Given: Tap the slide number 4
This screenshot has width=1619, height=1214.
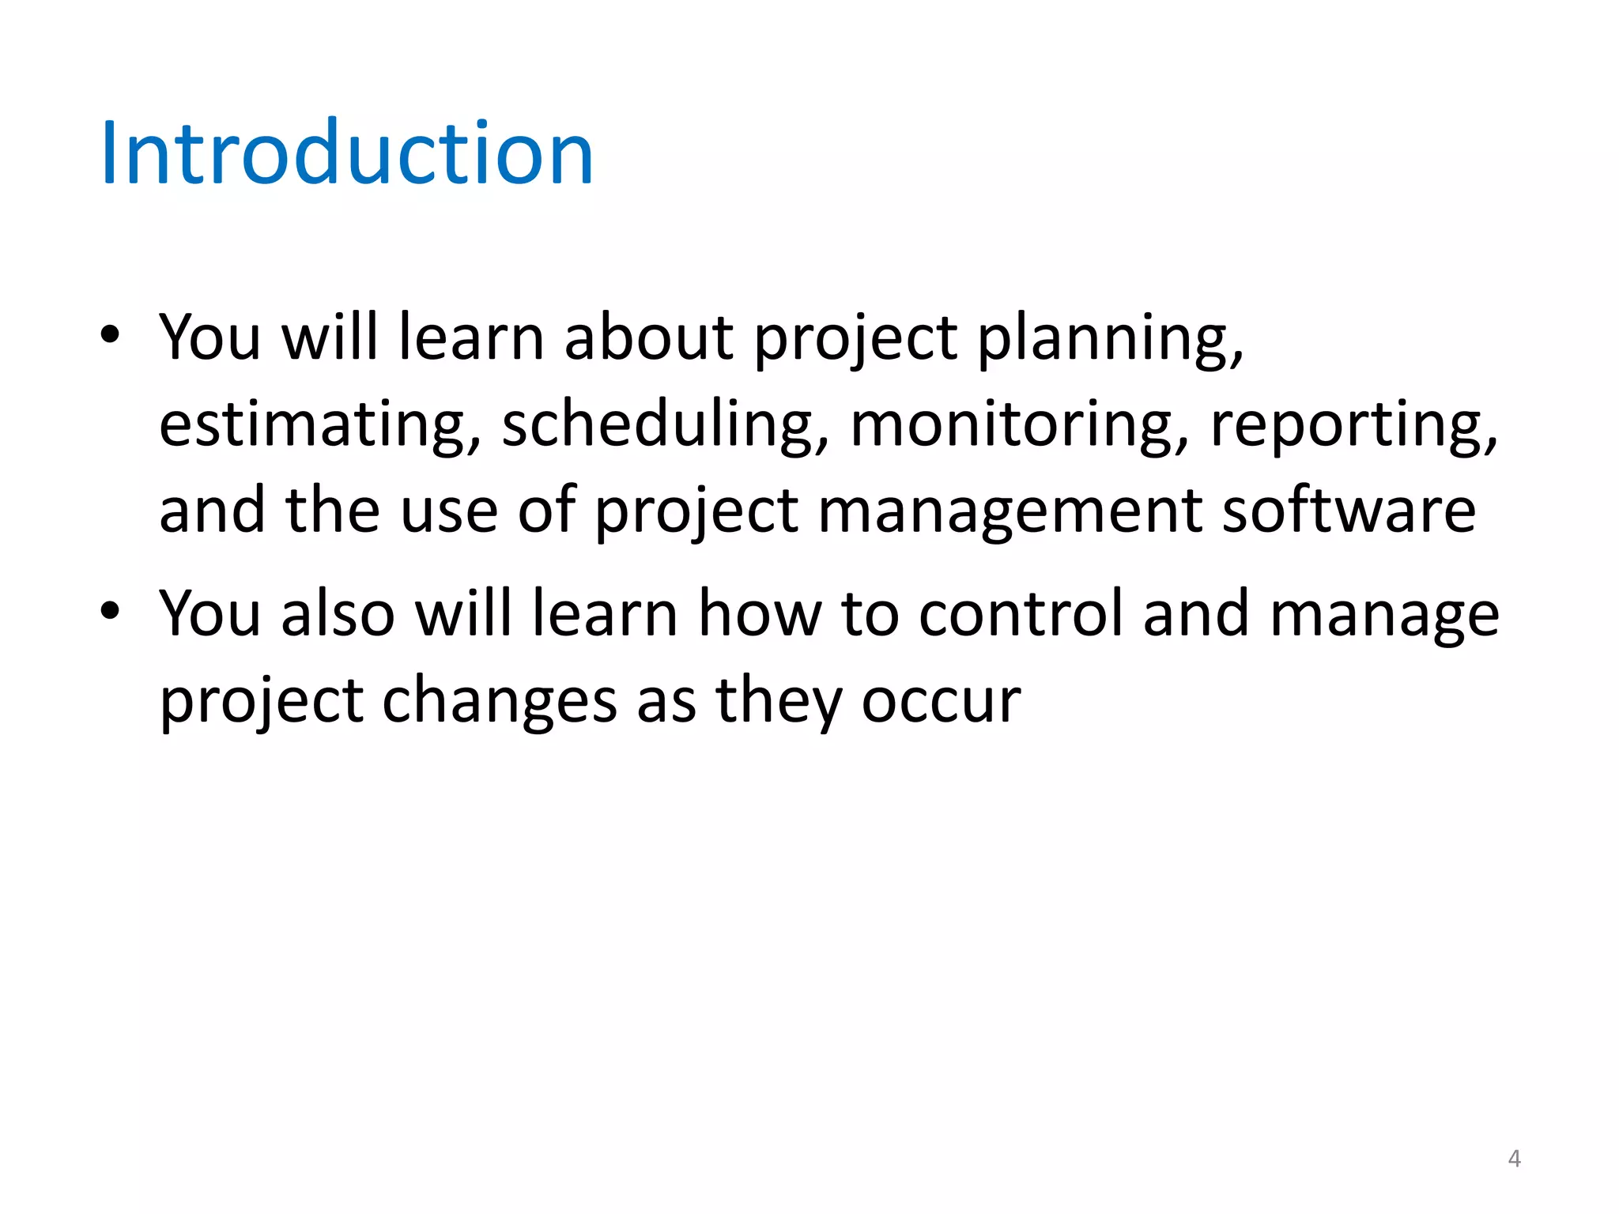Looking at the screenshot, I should point(1514,1159).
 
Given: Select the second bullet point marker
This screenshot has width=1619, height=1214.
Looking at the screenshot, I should point(110,610).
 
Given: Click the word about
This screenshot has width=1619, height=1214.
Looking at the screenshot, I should point(649,337).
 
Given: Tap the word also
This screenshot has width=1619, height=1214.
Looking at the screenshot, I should point(338,614).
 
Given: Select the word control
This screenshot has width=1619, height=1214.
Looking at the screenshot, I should point(1021,614).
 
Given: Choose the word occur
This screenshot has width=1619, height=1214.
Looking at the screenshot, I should point(941,702).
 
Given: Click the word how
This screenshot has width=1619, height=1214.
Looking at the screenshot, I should point(760,614).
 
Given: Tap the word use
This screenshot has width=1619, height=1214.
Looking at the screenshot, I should point(449,512).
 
